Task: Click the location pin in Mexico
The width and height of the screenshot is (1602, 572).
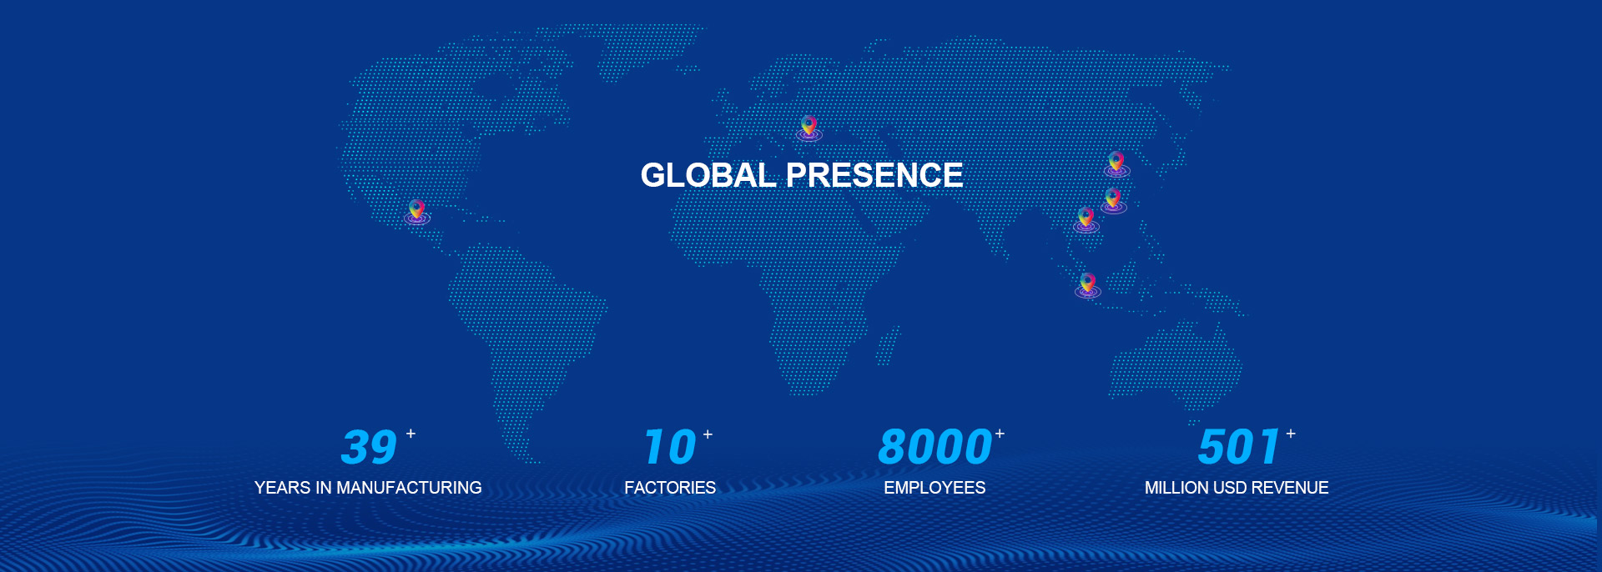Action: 417,212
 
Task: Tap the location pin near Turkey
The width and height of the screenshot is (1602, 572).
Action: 809,128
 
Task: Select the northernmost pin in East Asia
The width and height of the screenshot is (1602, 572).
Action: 1116,163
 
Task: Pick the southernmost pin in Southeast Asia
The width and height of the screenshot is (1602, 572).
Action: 1087,284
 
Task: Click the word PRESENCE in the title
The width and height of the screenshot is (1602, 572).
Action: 874,175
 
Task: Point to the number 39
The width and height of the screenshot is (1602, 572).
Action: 369,447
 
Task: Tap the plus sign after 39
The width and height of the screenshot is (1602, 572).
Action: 411,434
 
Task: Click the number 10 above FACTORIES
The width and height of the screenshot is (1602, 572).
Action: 670,447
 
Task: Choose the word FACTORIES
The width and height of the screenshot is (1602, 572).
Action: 670,488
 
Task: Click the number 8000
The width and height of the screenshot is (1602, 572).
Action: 934,447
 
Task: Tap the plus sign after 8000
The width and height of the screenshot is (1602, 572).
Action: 1000,434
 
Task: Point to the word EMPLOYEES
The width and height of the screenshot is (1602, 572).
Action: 934,488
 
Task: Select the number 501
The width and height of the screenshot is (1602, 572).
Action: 1239,447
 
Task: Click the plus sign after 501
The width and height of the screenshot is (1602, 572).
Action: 1291,434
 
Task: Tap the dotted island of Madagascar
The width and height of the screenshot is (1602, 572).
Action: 888,345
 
